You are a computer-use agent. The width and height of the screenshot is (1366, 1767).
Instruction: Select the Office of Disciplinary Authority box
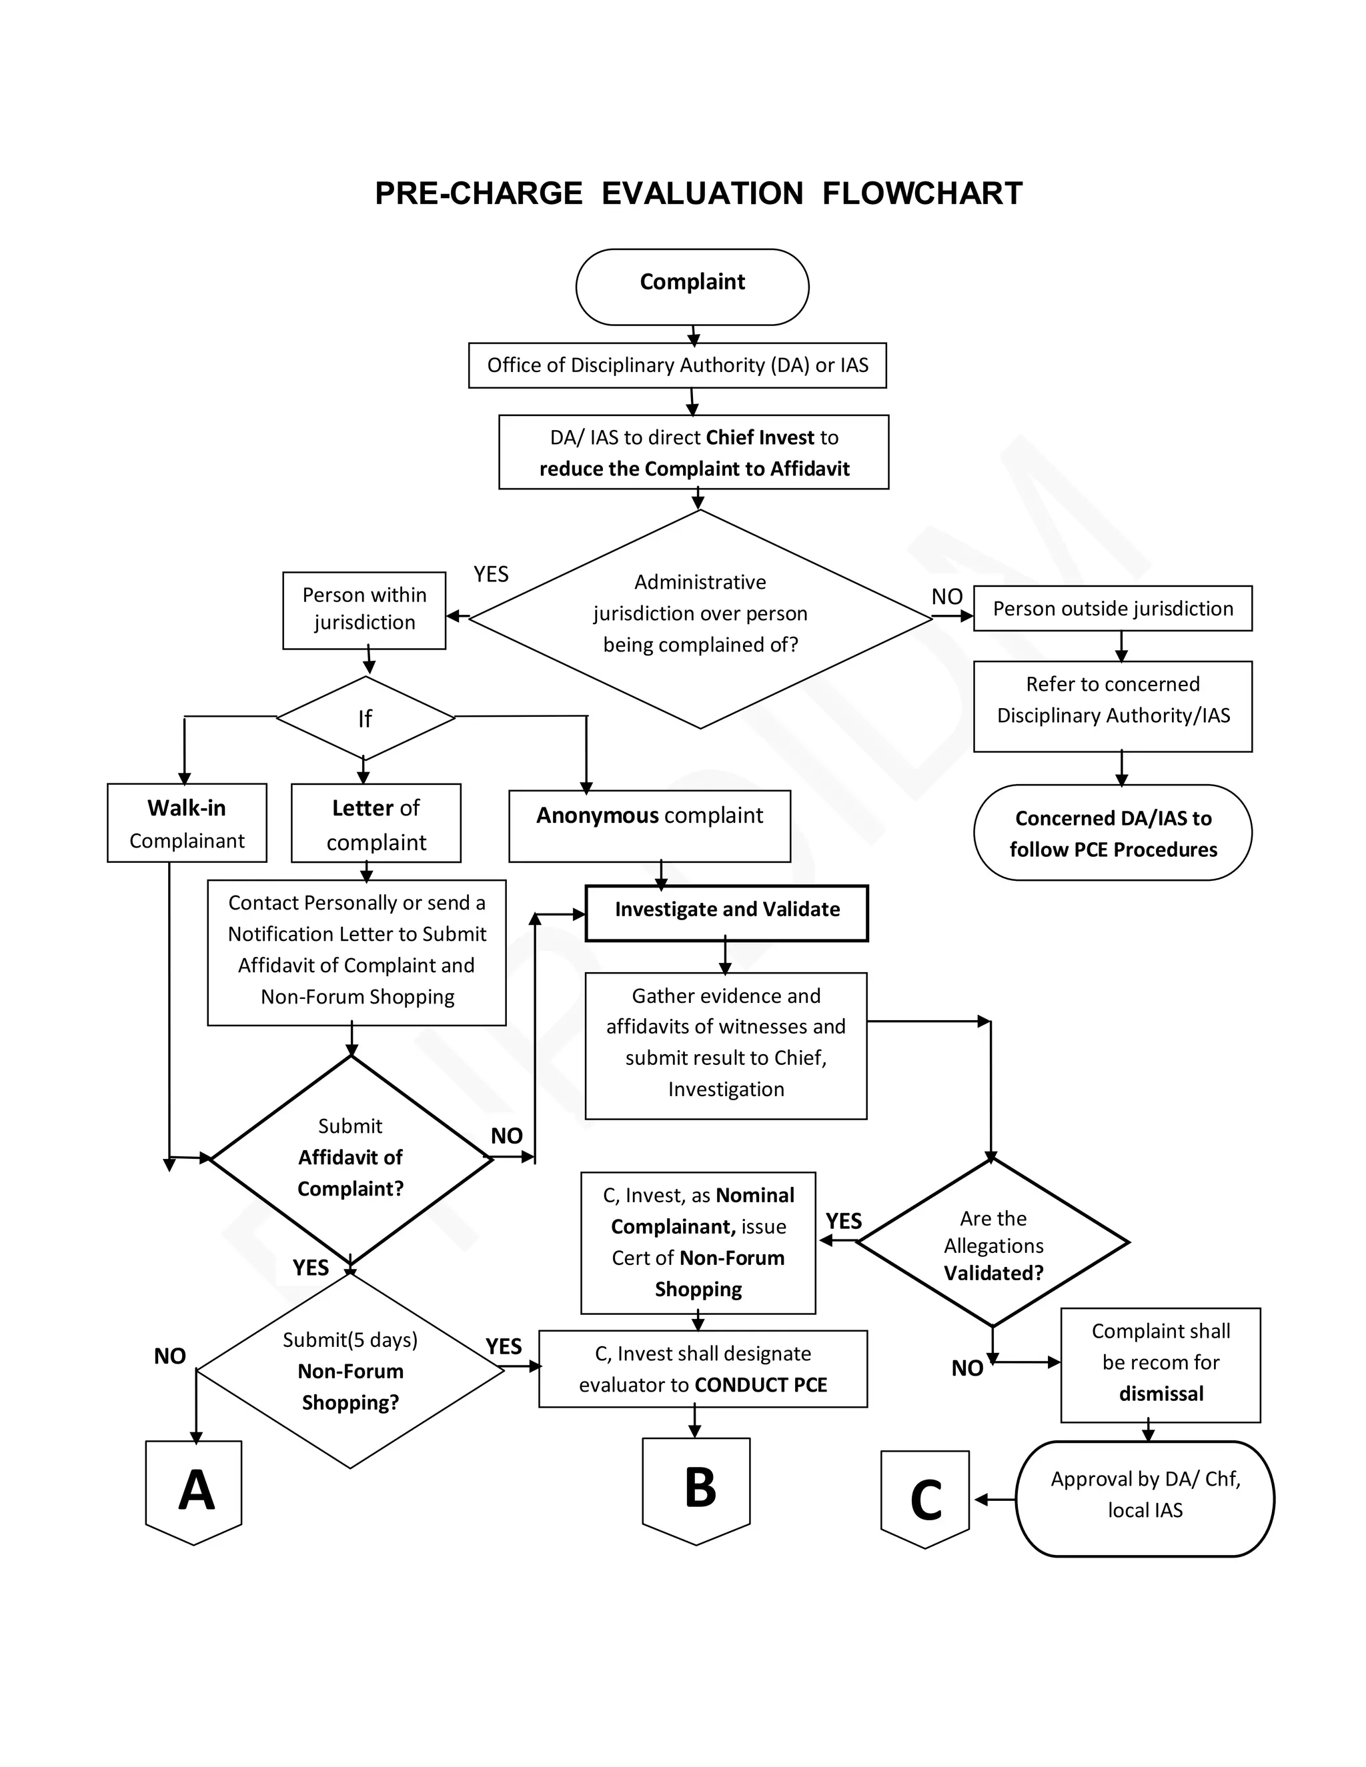[x=678, y=365]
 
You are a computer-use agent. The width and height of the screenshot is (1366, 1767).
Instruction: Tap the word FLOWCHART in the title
[x=922, y=193]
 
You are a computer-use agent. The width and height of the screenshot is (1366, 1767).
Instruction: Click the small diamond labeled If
[x=365, y=717]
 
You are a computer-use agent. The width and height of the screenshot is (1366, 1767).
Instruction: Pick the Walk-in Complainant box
[x=187, y=823]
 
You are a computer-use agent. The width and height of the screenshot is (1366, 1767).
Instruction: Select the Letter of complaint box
[x=376, y=823]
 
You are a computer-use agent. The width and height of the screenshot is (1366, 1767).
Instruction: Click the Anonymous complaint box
[x=649, y=825]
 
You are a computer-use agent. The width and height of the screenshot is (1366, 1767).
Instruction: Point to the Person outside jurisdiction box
[x=1112, y=608]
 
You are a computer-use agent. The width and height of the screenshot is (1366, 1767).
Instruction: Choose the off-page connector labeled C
[x=925, y=1497]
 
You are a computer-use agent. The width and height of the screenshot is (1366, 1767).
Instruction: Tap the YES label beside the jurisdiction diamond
[x=491, y=573]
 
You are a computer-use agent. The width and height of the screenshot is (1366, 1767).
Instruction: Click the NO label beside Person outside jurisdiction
[x=947, y=596]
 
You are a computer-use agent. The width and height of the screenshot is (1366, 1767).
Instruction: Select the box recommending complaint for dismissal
[x=1160, y=1364]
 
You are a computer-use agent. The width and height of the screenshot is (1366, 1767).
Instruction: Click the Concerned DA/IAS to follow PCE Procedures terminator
[x=1112, y=833]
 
